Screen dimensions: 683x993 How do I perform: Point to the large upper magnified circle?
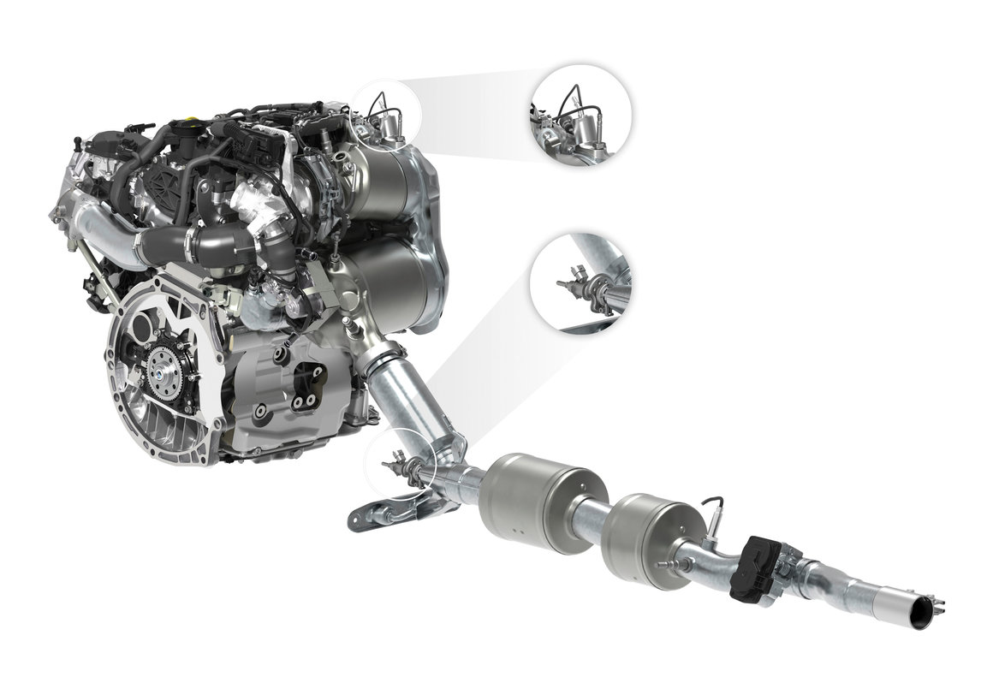[x=581, y=116]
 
